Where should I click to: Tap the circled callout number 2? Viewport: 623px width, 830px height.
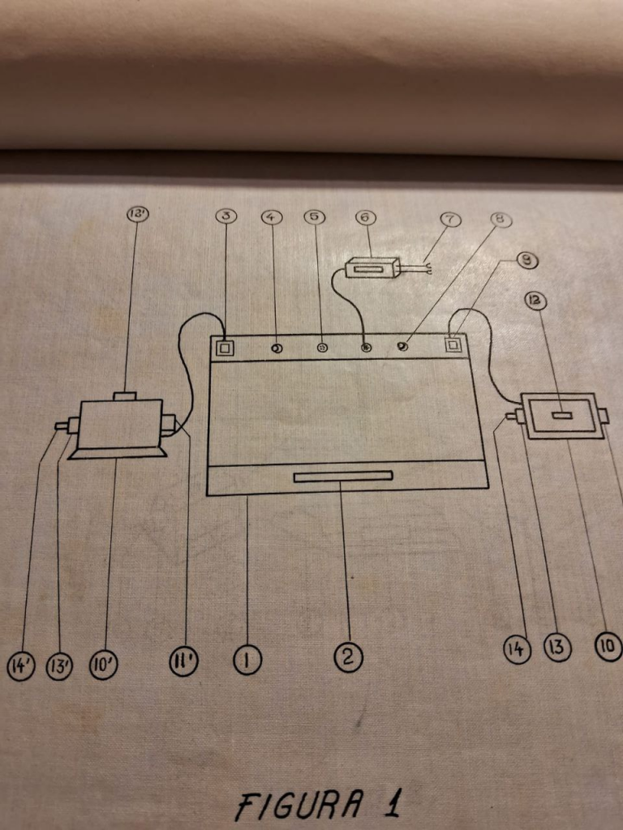point(348,657)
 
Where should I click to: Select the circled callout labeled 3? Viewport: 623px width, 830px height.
point(226,216)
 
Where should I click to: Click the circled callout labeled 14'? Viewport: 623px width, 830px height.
point(21,667)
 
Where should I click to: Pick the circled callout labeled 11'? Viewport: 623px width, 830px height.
point(186,662)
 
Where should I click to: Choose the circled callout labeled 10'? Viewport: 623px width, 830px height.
point(104,666)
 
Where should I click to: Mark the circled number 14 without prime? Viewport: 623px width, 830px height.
point(518,648)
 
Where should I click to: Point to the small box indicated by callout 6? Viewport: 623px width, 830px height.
point(372,267)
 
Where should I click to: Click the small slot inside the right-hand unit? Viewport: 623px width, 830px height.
point(561,416)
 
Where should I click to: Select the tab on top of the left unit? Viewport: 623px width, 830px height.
point(124,396)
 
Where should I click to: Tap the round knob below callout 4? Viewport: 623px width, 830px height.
point(277,349)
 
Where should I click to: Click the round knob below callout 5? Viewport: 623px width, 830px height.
point(321,349)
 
